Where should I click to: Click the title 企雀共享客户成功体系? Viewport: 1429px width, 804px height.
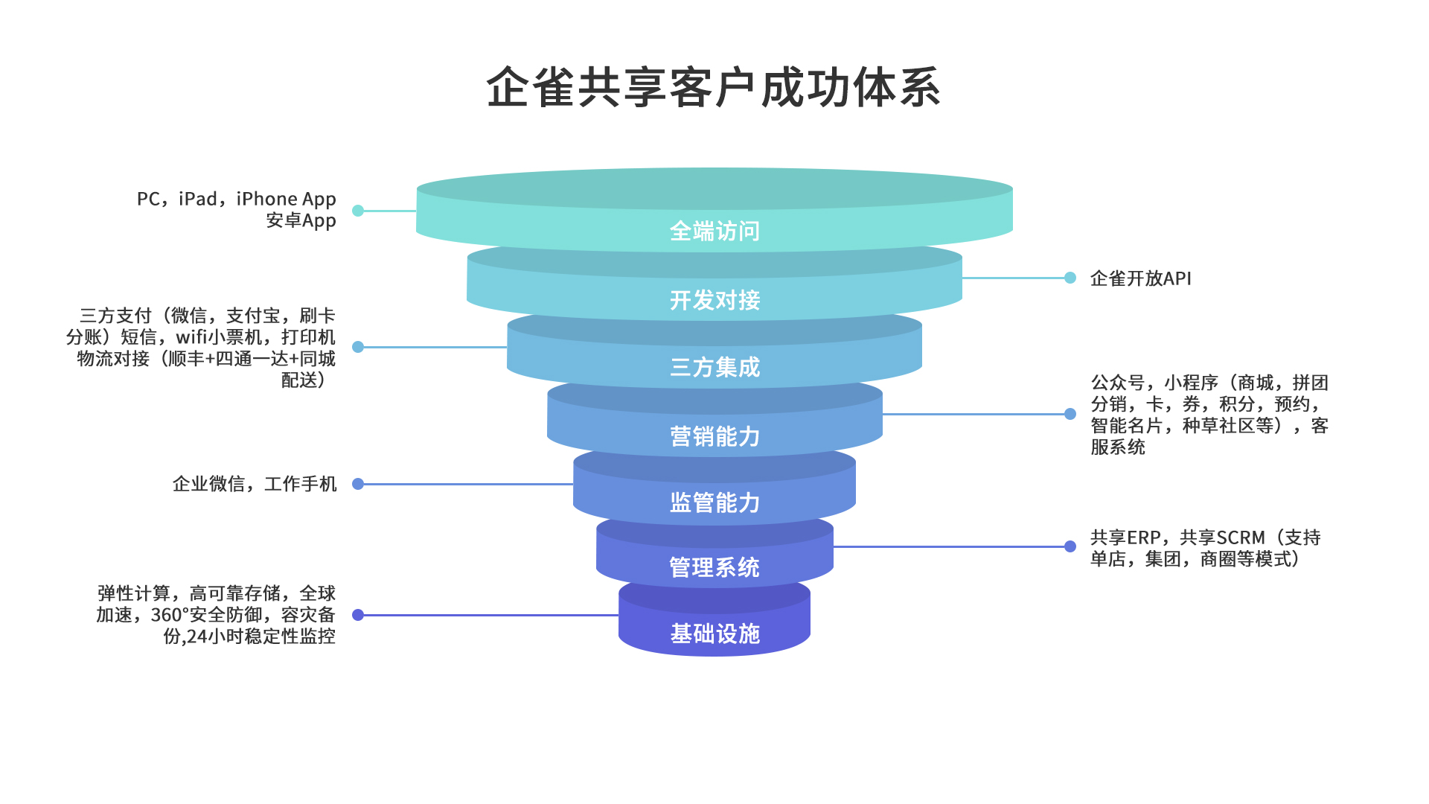[714, 88]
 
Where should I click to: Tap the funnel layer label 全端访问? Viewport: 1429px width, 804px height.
[714, 232]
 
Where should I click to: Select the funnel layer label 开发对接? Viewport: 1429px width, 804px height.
[714, 300]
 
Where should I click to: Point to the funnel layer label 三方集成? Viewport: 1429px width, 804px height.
[714, 367]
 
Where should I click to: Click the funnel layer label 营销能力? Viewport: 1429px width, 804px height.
[714, 436]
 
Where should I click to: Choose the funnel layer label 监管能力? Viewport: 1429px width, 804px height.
[714, 502]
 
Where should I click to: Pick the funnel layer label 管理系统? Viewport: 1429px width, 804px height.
[714, 567]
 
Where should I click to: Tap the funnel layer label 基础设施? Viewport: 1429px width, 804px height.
[714, 634]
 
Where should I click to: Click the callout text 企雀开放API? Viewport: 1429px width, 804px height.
[1140, 278]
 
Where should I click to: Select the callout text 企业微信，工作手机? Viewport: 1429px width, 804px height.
[255, 484]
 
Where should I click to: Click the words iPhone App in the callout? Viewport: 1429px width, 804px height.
[286, 200]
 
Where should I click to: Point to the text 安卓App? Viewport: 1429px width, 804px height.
[301, 221]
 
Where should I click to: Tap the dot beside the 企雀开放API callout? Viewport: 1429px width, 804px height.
[1070, 278]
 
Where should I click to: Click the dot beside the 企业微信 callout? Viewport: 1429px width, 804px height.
[358, 484]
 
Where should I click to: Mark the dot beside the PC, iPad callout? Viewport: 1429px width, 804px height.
[358, 211]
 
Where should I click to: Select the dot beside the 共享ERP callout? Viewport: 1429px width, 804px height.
[1070, 546]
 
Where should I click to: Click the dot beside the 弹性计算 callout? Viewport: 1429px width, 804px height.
[358, 615]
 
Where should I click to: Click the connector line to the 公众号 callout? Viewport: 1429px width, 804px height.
[975, 414]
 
